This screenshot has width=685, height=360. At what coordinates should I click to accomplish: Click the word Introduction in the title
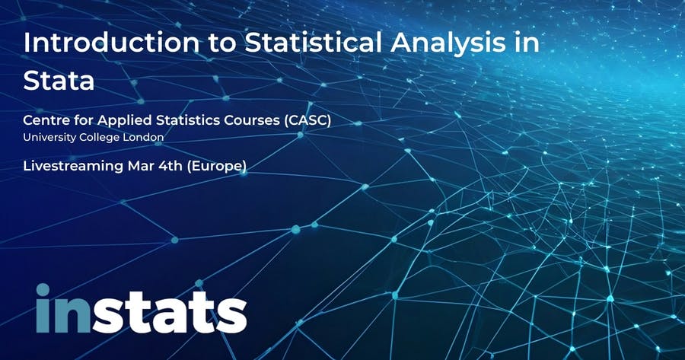pos(111,43)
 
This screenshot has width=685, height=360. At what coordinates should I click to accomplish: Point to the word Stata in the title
pos(59,81)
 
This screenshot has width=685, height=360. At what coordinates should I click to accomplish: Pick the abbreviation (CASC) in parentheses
pos(307,120)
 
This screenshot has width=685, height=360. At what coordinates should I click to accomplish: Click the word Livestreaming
pos(73,167)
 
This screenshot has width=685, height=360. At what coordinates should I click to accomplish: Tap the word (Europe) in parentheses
pos(216,167)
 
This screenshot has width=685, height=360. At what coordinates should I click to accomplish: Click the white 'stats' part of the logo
pos(169,312)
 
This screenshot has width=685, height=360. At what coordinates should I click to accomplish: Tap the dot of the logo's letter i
pos(43,290)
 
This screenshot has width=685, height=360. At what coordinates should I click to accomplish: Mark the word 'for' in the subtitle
pos(81,120)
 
